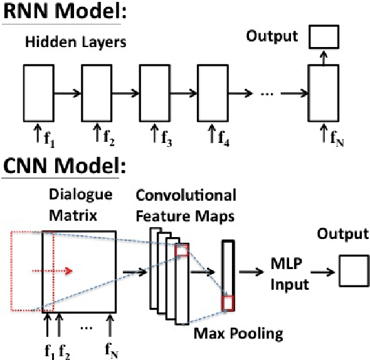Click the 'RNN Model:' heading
pyautogui.click(x=56, y=13)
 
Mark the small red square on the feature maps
pyautogui.click(x=181, y=251)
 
